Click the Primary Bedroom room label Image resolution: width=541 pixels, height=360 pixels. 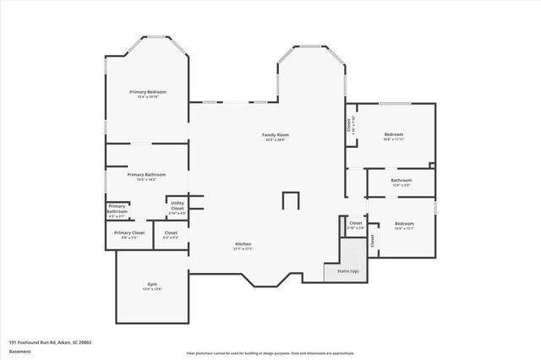coord(147,91)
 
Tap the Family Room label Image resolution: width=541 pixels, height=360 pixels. coord(276,134)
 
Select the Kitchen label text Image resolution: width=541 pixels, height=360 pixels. coord(243,243)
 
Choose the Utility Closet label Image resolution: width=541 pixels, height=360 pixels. coord(178,205)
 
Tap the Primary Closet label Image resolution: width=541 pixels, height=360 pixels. coord(129,232)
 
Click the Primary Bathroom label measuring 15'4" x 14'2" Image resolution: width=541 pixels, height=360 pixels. coord(147,175)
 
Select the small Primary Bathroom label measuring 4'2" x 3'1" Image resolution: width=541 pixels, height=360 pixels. coord(117,209)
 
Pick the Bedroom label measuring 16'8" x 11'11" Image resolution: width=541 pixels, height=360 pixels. coord(394,134)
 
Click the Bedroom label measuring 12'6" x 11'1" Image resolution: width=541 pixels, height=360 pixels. coord(404,224)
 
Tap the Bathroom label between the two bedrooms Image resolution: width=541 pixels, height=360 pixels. coord(401,180)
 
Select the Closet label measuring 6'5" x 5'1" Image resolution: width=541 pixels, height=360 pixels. coord(171,232)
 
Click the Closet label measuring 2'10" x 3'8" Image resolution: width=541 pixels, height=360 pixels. coord(355,223)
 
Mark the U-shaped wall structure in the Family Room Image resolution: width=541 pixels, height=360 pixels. coord(291,200)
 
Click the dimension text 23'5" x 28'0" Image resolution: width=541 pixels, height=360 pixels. coord(276,140)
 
